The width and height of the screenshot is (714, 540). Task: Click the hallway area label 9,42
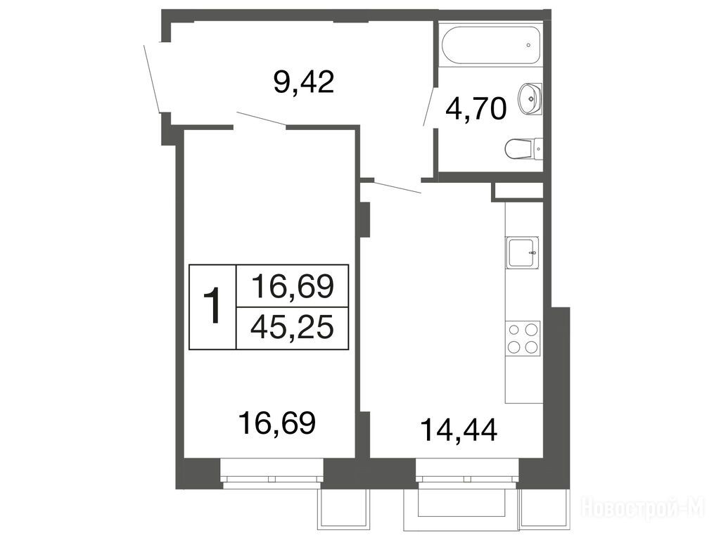pos(304,82)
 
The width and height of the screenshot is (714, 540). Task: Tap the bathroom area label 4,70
pos(476,109)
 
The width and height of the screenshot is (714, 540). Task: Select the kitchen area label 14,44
pos(459,430)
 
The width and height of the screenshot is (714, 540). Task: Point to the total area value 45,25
pos(292,328)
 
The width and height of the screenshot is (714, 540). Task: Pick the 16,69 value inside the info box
pos(293,286)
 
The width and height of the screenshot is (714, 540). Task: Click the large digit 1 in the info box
pos(212,306)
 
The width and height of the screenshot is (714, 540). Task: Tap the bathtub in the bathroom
pos(491,46)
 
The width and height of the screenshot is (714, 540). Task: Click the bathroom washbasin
pos(530,98)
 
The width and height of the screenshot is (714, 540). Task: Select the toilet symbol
pos(523,149)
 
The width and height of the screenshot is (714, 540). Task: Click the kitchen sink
pos(522,252)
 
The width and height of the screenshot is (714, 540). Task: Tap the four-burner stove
pos(522,337)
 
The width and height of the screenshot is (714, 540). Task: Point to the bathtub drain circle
pos(528,45)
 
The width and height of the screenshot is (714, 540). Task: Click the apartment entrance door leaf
pos(152,78)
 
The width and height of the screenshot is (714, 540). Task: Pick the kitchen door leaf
pos(397,188)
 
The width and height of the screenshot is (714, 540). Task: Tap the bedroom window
pos(272,473)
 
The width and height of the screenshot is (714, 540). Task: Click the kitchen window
pos(467,473)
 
